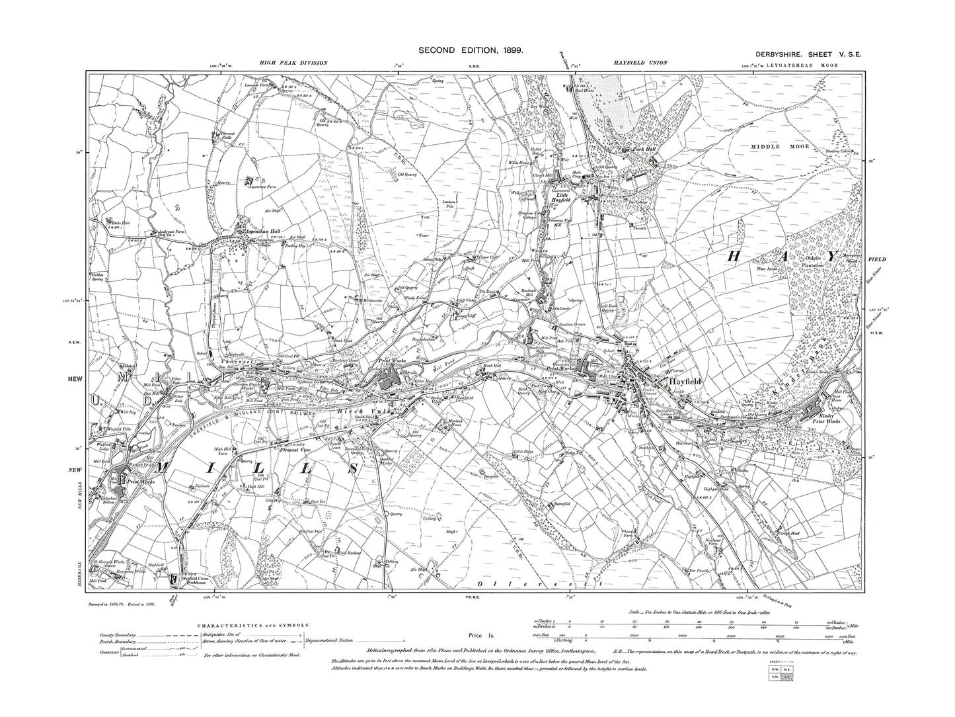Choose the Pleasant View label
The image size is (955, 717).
click(295, 450)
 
